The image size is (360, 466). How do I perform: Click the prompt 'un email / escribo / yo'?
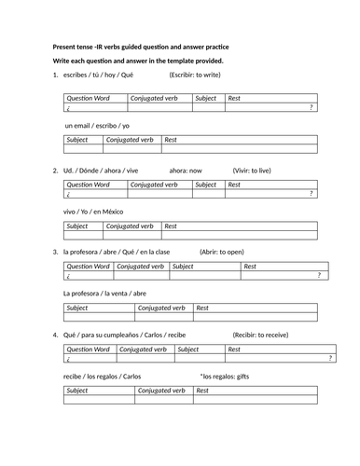(x=97, y=124)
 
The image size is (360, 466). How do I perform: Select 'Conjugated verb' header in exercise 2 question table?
(x=156, y=185)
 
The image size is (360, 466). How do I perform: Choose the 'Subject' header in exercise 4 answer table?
(x=81, y=391)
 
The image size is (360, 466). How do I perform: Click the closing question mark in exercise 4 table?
(x=330, y=358)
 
